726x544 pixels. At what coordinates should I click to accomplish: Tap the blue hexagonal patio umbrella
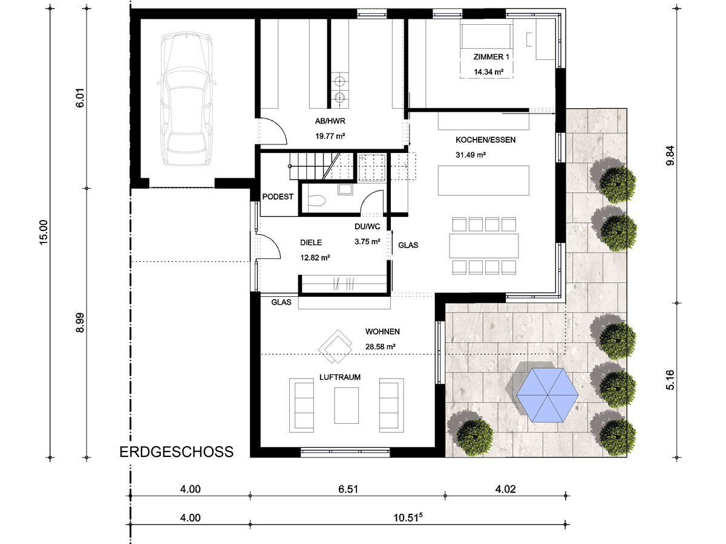[547, 395]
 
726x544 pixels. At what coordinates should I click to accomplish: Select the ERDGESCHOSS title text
[176, 452]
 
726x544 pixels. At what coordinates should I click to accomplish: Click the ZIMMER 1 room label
[491, 57]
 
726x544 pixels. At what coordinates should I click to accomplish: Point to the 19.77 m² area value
[330, 136]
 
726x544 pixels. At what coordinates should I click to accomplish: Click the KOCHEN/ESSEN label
[486, 140]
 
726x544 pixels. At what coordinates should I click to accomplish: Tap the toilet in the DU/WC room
[316, 200]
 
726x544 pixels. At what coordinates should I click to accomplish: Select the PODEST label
[278, 196]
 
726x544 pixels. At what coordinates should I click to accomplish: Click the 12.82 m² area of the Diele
[315, 257]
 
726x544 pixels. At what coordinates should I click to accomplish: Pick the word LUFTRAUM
[340, 377]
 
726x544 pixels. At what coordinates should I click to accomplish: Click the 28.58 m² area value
[381, 346]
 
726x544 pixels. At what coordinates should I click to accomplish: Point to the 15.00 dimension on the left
[44, 232]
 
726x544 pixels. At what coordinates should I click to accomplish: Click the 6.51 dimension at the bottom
[348, 489]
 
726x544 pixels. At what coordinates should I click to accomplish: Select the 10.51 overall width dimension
[408, 517]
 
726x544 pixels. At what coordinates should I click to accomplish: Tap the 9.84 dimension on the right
[670, 155]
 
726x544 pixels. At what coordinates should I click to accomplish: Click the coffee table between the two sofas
[346, 405]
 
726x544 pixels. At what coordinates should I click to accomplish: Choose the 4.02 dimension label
[505, 489]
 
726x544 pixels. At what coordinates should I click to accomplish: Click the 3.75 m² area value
[367, 241]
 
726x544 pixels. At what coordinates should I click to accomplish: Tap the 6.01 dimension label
[80, 98]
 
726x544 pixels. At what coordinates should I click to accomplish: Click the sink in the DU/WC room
[345, 189]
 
